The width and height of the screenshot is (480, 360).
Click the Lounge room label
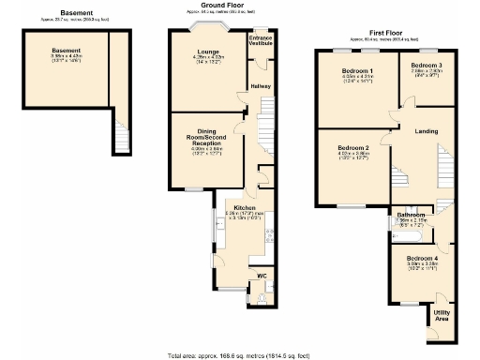point(208,52)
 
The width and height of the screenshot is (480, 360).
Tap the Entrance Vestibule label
point(260,41)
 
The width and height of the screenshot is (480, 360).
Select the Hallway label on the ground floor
point(260,86)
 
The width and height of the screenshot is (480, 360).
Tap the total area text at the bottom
point(239,355)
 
